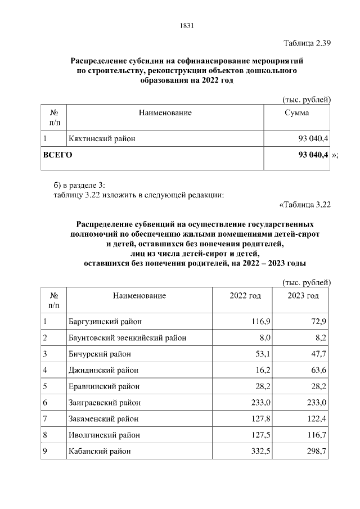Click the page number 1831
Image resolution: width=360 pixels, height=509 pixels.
pyautogui.click(x=187, y=25)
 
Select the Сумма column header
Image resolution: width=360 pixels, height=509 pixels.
pyautogui.click(x=296, y=113)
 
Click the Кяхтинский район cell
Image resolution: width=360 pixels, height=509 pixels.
pyautogui.click(x=101, y=138)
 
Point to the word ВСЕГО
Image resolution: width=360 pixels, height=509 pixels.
pyautogui.click(x=58, y=154)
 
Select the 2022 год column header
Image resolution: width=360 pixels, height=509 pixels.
pyautogui.click(x=245, y=296)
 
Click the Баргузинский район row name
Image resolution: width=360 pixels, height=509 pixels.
pyautogui.click(x=105, y=321)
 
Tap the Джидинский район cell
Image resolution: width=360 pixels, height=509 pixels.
pyautogui.click(x=103, y=370)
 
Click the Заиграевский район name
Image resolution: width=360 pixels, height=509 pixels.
pyautogui.click(x=105, y=403)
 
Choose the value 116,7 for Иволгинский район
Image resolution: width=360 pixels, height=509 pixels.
pyautogui.click(x=317, y=435)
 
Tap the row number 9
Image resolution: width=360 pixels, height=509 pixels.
pyautogui.click(x=45, y=452)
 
